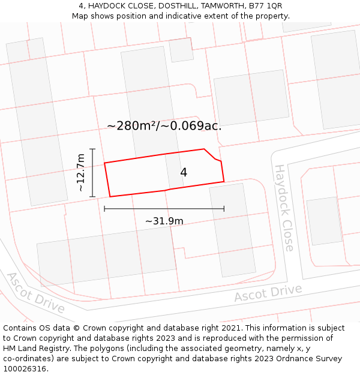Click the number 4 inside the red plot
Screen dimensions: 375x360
point(184,173)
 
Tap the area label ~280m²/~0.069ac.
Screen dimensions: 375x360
point(164,126)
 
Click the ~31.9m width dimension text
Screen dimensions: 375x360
point(164,221)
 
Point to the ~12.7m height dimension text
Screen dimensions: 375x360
point(80,173)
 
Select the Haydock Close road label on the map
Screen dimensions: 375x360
point(284,208)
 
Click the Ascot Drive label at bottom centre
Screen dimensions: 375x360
point(268,293)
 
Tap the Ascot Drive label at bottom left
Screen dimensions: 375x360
point(35,292)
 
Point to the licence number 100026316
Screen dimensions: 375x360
point(25,368)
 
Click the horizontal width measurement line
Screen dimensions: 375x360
point(164,209)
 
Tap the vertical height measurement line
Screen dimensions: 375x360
point(92,173)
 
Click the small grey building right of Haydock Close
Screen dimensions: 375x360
point(324,221)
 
